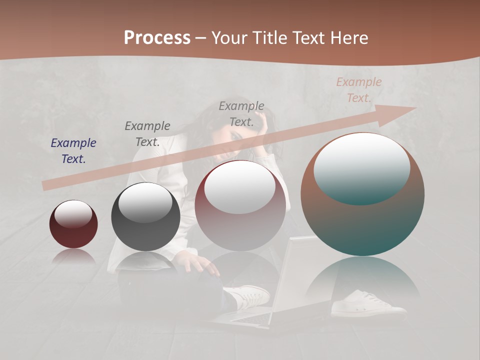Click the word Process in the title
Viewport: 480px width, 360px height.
[157, 38]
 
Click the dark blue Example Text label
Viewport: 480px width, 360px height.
[73, 150]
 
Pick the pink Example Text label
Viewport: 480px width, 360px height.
[359, 89]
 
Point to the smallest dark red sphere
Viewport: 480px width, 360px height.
[73, 224]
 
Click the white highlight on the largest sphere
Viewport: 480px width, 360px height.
[362, 168]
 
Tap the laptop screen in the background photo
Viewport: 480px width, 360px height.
[300, 275]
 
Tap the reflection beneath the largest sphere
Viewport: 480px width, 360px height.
[362, 280]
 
